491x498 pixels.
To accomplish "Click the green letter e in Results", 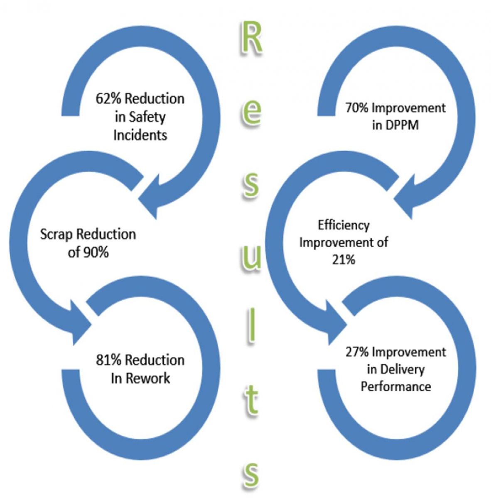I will [x=252, y=112].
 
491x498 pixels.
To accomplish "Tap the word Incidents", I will [x=140, y=135].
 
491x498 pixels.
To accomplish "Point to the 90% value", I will [x=96, y=252].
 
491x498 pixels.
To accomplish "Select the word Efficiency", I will [x=344, y=225].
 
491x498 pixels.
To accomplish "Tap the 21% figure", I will [x=344, y=260].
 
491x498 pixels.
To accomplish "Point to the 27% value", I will [x=357, y=352].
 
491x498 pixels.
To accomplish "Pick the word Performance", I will [x=395, y=387].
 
